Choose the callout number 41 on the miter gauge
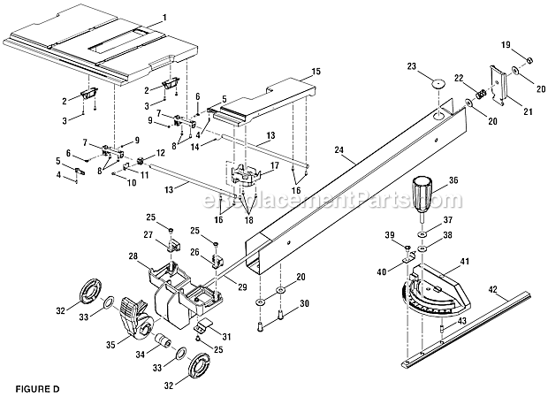465,262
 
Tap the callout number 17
275,165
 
